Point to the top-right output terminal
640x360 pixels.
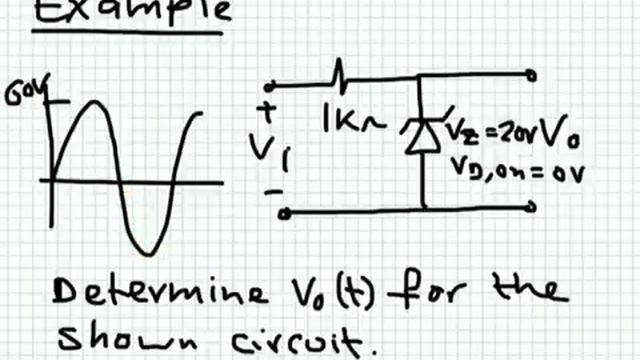click(530, 74)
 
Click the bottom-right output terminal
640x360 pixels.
click(530, 206)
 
